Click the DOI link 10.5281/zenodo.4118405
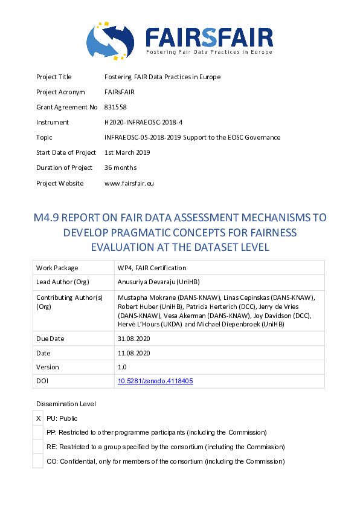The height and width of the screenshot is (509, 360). pyautogui.click(x=155, y=381)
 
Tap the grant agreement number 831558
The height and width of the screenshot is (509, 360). pyautogui.click(x=115, y=107)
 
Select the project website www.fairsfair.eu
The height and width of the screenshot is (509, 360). pyautogui.click(x=129, y=183)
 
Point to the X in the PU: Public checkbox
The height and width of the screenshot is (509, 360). pyautogui.click(x=39, y=418)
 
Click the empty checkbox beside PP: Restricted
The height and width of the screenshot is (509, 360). pyautogui.click(x=39, y=432)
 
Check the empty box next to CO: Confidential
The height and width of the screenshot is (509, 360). pyautogui.click(x=39, y=461)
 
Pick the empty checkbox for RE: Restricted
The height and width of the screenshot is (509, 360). pyautogui.click(x=39, y=447)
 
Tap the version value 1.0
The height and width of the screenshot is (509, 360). pyautogui.click(x=122, y=367)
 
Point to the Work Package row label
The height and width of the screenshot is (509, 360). pyautogui.click(x=57, y=268)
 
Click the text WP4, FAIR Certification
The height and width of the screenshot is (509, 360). pyautogui.click(x=152, y=268)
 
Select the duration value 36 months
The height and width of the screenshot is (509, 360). pyautogui.click(x=121, y=167)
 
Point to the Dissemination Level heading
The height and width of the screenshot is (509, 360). pyautogui.click(x=66, y=404)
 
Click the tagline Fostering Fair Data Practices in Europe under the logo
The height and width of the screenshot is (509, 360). pyautogui.click(x=209, y=53)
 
